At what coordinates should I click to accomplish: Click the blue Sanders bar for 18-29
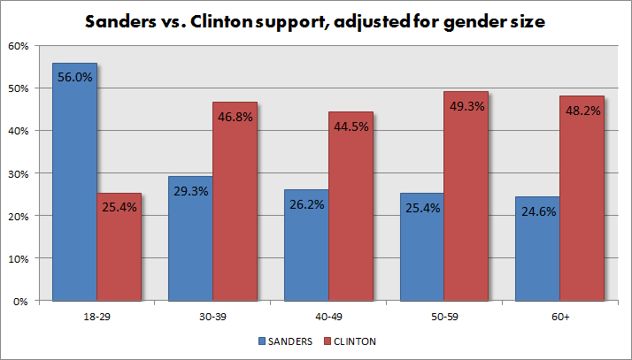pos(74,181)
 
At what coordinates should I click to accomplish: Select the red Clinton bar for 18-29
pos(119,247)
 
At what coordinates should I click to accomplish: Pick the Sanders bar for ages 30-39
pos(190,239)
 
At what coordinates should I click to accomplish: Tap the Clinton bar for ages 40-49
pos(351,206)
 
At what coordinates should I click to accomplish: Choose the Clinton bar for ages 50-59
pos(466,196)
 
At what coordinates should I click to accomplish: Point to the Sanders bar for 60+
pos(537,249)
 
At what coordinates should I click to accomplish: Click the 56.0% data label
pos(75,77)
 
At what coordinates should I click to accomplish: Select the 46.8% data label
pos(235,117)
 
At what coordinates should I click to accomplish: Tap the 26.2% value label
pos(307,204)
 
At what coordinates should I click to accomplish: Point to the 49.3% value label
pos(467,106)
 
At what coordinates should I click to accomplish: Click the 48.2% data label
pos(582,111)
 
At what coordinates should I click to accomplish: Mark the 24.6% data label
pos(538,211)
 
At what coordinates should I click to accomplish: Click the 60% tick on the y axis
pos(19,46)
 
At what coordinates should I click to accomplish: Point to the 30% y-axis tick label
pos(19,174)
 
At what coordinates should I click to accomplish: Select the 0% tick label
pos(20,302)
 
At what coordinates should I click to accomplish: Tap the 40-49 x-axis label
pos(328,317)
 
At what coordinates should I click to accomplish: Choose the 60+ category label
pos(560,317)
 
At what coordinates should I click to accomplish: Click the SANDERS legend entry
pos(285,341)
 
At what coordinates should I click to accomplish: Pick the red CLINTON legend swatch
pos(328,341)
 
